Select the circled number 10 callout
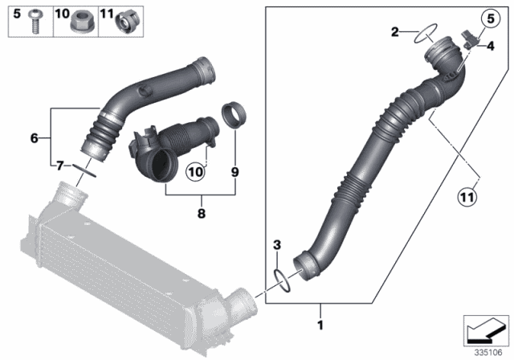point(195,171)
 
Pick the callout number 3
point(275,242)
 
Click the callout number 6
point(35,138)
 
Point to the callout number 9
point(235,171)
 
